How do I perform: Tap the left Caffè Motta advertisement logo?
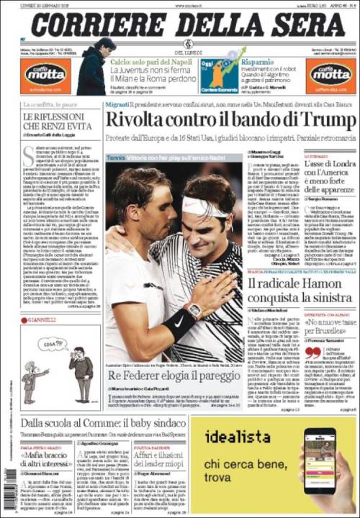coord(45,73)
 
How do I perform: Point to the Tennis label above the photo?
coord(115,156)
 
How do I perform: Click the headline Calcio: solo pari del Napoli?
coord(153,63)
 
